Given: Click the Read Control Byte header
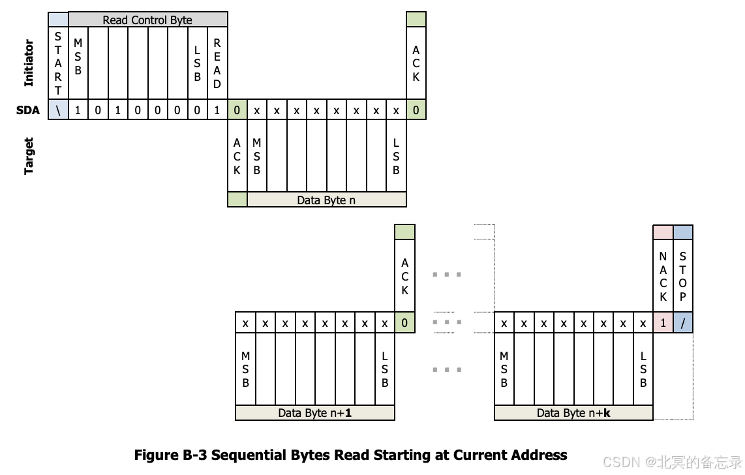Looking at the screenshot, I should click(147, 20).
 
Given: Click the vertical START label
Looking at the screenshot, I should click(58, 64).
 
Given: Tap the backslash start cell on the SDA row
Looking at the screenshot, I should click(58, 110).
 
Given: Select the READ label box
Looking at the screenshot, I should click(217, 64).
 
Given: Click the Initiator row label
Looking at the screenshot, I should click(29, 63).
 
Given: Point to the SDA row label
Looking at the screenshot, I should click(28, 110).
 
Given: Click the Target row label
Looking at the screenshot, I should click(29, 156).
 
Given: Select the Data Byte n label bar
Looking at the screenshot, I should click(326, 200).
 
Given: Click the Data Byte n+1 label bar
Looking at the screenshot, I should click(315, 412).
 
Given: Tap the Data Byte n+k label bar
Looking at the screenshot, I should click(573, 412).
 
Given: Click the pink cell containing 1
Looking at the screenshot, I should click(663, 322).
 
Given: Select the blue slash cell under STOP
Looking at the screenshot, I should click(682, 322).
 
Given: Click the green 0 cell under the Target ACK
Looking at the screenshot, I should click(237, 110).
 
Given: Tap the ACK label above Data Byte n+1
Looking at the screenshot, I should click(405, 276).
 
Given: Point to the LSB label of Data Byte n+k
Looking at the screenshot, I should click(643, 369).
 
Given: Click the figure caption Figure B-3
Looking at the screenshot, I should click(350, 455).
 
